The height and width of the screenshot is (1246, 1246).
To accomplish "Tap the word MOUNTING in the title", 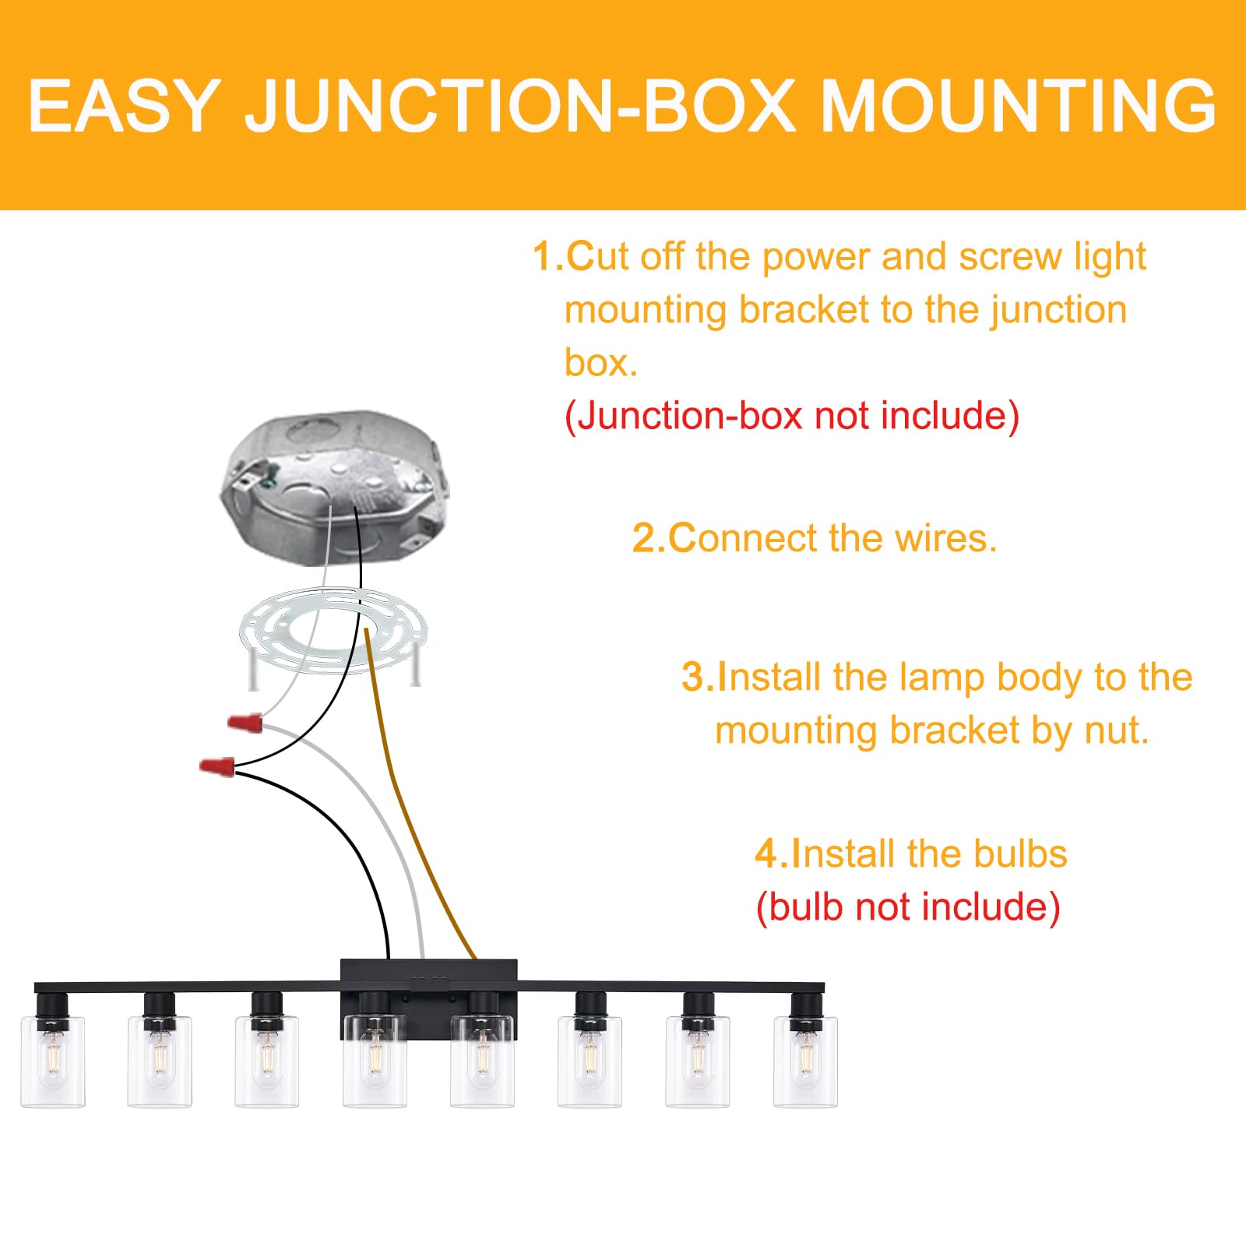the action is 1019,106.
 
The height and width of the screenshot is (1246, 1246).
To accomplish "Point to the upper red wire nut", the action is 245,723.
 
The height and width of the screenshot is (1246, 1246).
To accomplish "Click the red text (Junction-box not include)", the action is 791,416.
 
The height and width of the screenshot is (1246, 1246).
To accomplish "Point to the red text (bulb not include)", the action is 908,907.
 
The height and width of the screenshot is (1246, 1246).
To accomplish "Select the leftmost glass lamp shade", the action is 53,1061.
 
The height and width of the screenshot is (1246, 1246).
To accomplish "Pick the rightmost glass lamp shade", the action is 805,1061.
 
